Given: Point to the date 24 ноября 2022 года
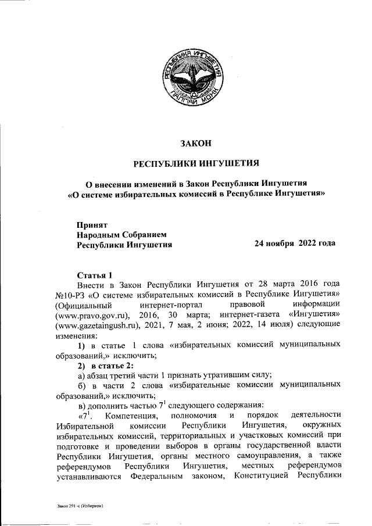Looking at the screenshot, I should (295, 244).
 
